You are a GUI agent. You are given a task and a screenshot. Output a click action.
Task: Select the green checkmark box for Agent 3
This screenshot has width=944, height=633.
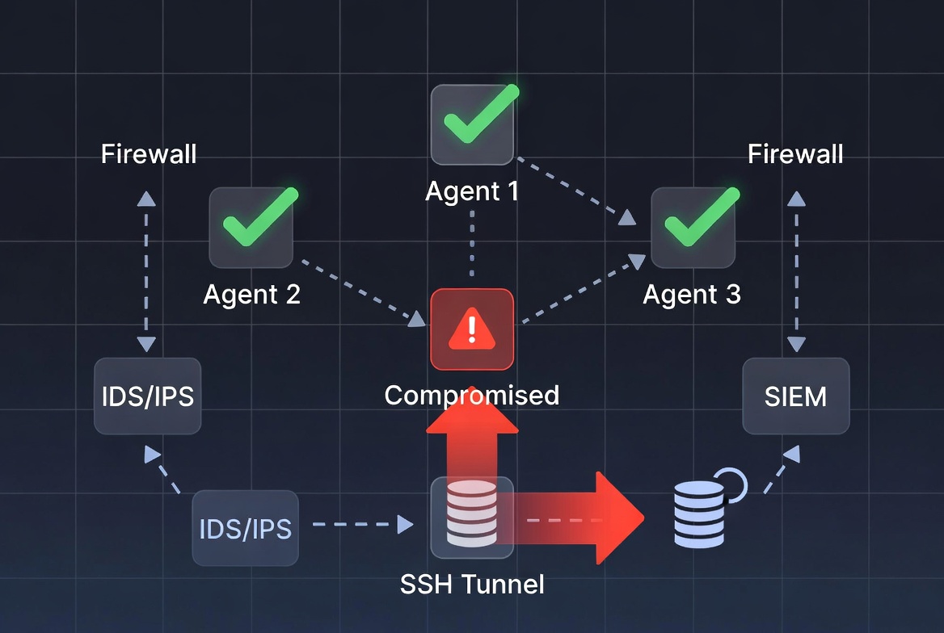coord(693,227)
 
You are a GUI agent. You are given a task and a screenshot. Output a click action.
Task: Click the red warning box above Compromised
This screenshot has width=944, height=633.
coord(472,329)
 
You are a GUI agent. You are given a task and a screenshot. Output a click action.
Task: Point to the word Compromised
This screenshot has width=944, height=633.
coord(472,395)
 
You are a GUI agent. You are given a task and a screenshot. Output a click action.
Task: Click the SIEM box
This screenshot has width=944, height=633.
coord(795,396)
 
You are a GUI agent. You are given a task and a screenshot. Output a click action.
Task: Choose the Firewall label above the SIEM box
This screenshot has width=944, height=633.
coord(795,154)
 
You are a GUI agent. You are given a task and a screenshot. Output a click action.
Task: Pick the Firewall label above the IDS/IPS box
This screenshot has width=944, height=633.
coord(149,154)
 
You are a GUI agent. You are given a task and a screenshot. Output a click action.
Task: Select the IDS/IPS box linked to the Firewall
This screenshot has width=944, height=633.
coord(147,396)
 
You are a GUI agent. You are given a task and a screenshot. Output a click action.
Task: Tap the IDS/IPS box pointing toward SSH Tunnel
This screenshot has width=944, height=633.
coord(245,529)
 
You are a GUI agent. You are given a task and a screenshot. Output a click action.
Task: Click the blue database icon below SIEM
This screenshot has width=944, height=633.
coord(699,515)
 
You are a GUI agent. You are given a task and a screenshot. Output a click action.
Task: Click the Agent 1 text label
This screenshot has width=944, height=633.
coord(472,191)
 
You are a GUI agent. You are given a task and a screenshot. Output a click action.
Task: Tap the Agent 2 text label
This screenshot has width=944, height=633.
coord(251,295)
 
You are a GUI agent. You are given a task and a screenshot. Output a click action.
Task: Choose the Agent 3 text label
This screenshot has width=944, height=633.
coord(692,295)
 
